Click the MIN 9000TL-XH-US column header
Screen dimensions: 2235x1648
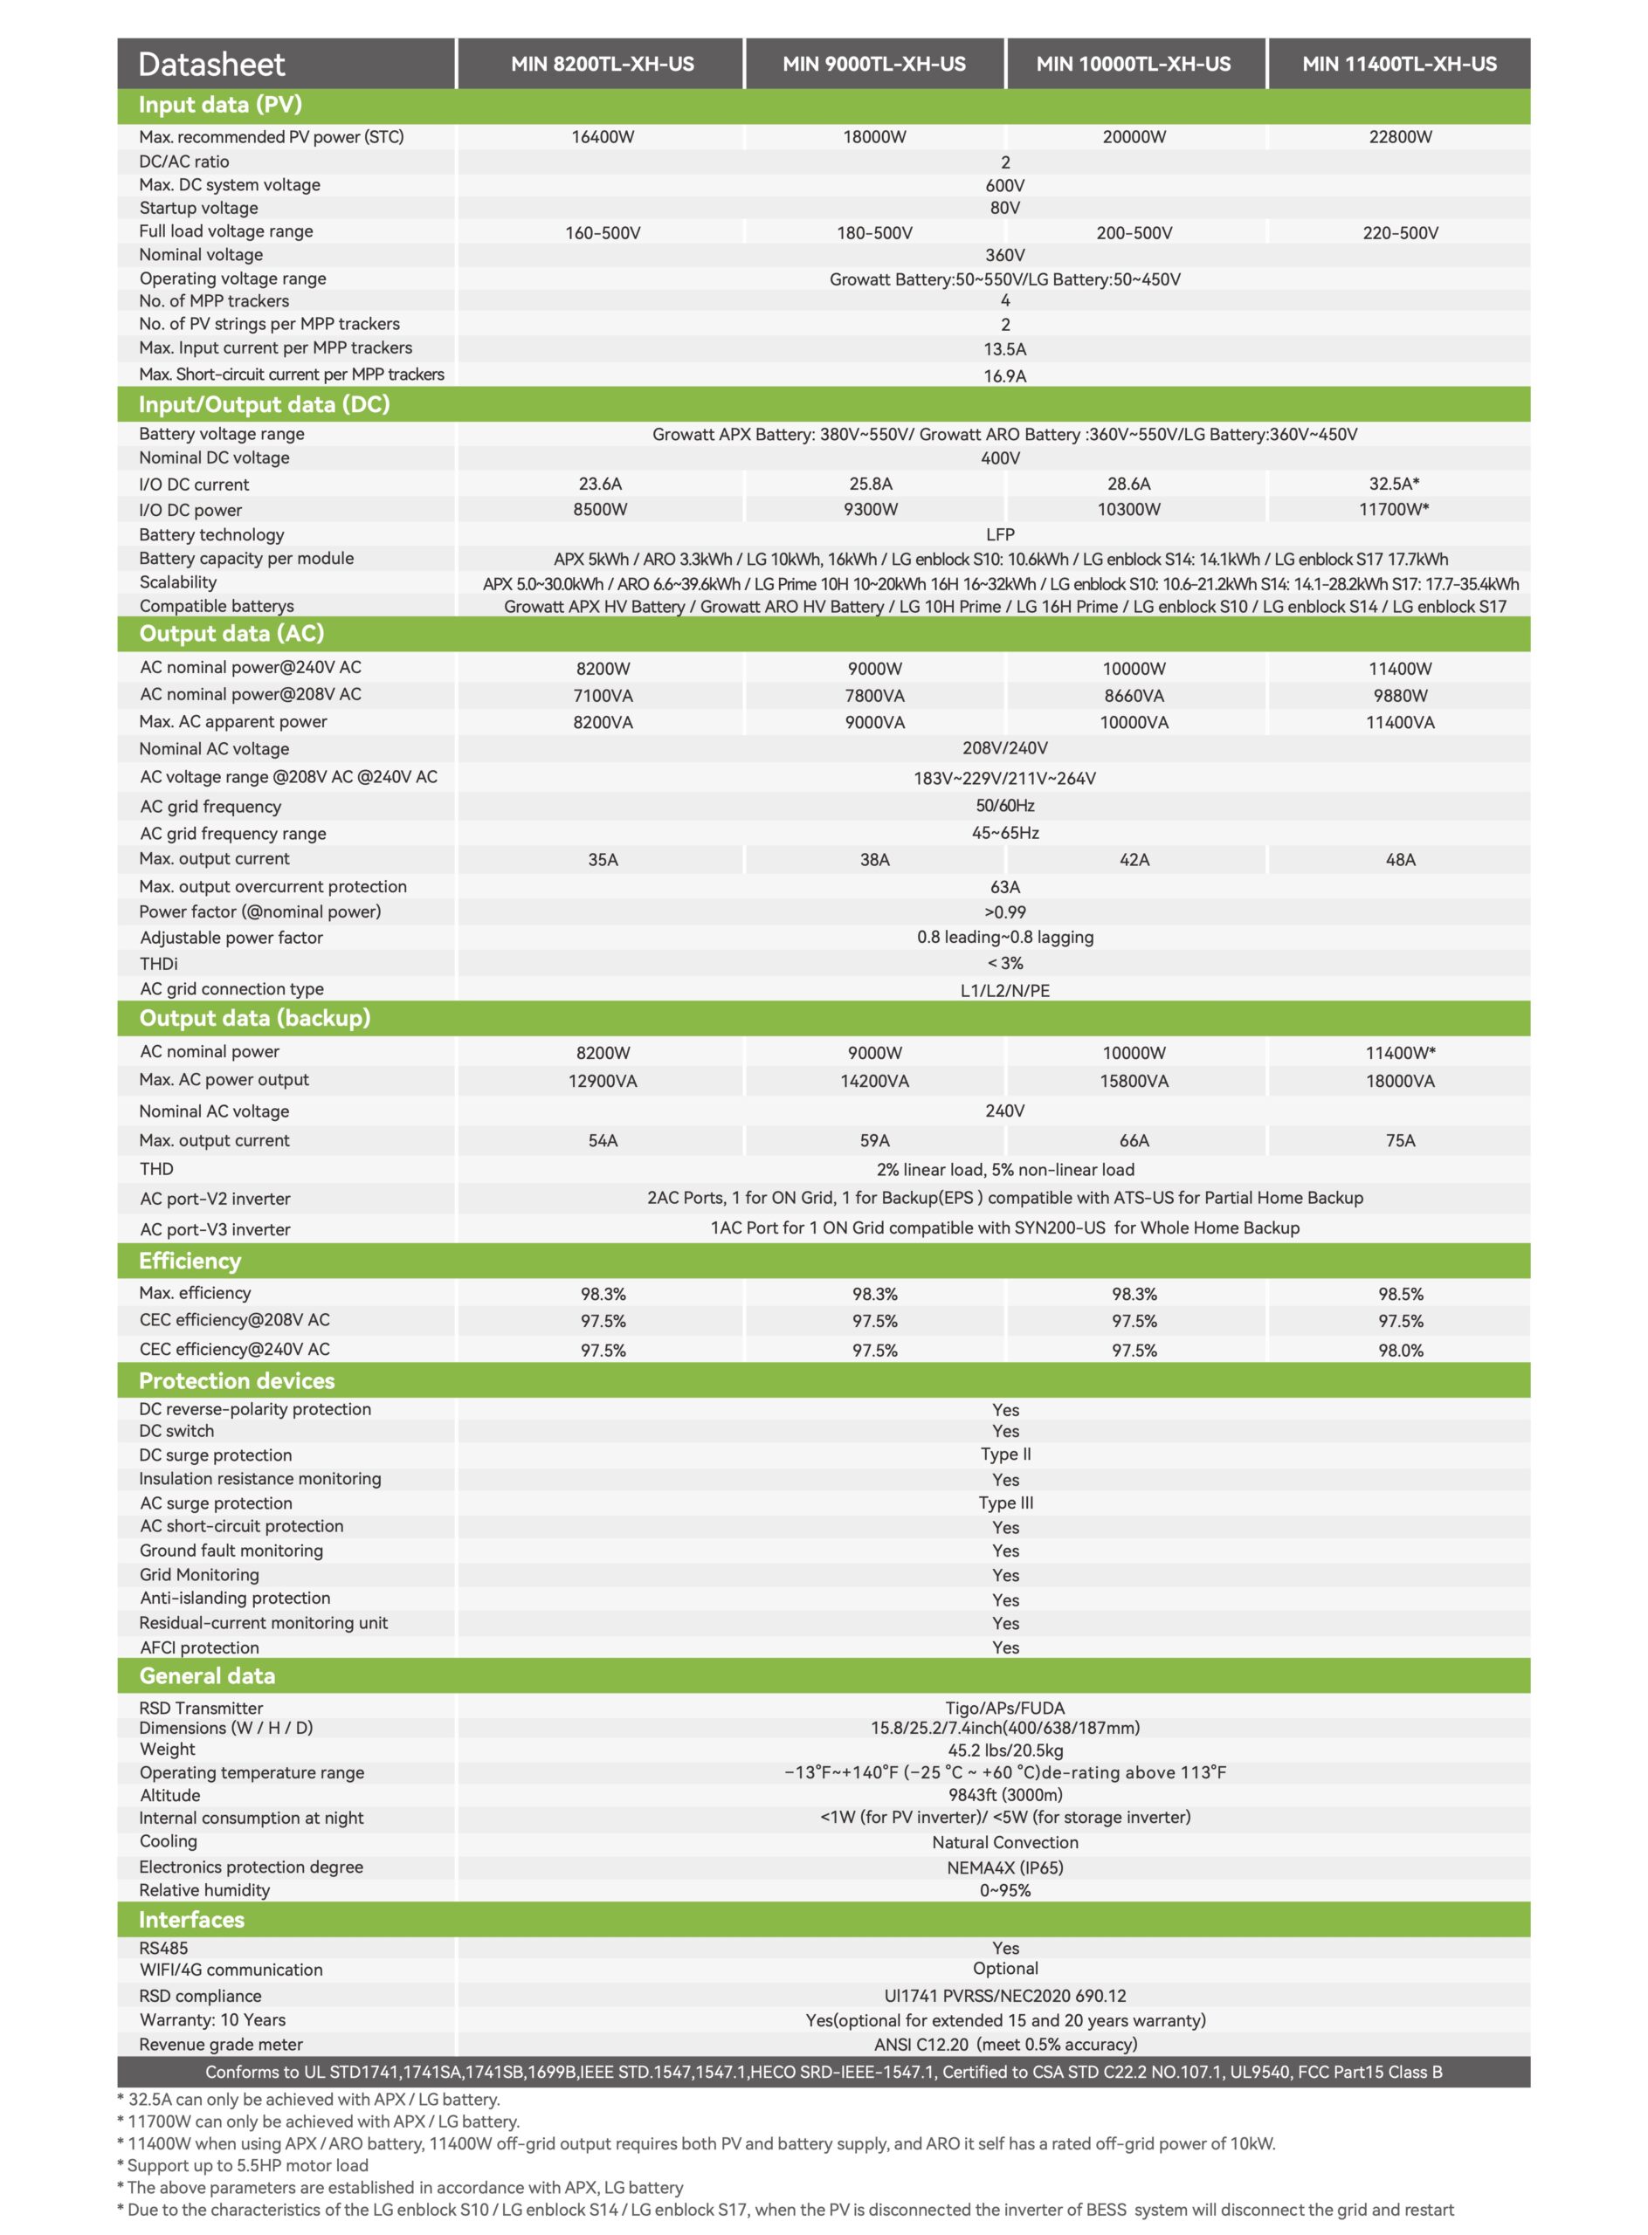coord(874,64)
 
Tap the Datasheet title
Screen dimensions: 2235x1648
coord(211,65)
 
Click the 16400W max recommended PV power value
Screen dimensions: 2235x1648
coord(603,138)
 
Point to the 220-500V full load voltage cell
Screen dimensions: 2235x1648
coord(1400,232)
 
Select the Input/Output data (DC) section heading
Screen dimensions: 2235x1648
coord(265,404)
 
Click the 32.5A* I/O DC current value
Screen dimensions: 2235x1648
coord(1394,484)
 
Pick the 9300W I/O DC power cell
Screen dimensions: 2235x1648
coord(870,510)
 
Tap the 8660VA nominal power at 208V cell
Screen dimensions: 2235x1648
coord(1134,696)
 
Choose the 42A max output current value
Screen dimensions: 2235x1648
coord(1134,860)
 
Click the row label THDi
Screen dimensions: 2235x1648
coord(159,964)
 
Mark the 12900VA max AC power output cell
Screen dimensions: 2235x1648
coord(603,1081)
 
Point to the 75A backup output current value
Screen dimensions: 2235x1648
coord(1400,1141)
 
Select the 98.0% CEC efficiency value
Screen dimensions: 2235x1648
coord(1400,1351)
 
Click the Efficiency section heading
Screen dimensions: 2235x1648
coord(190,1261)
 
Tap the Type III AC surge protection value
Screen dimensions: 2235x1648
coord(1005,1503)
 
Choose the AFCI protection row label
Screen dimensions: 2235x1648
coord(199,1647)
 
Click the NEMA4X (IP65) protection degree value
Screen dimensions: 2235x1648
coord(1004,1867)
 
